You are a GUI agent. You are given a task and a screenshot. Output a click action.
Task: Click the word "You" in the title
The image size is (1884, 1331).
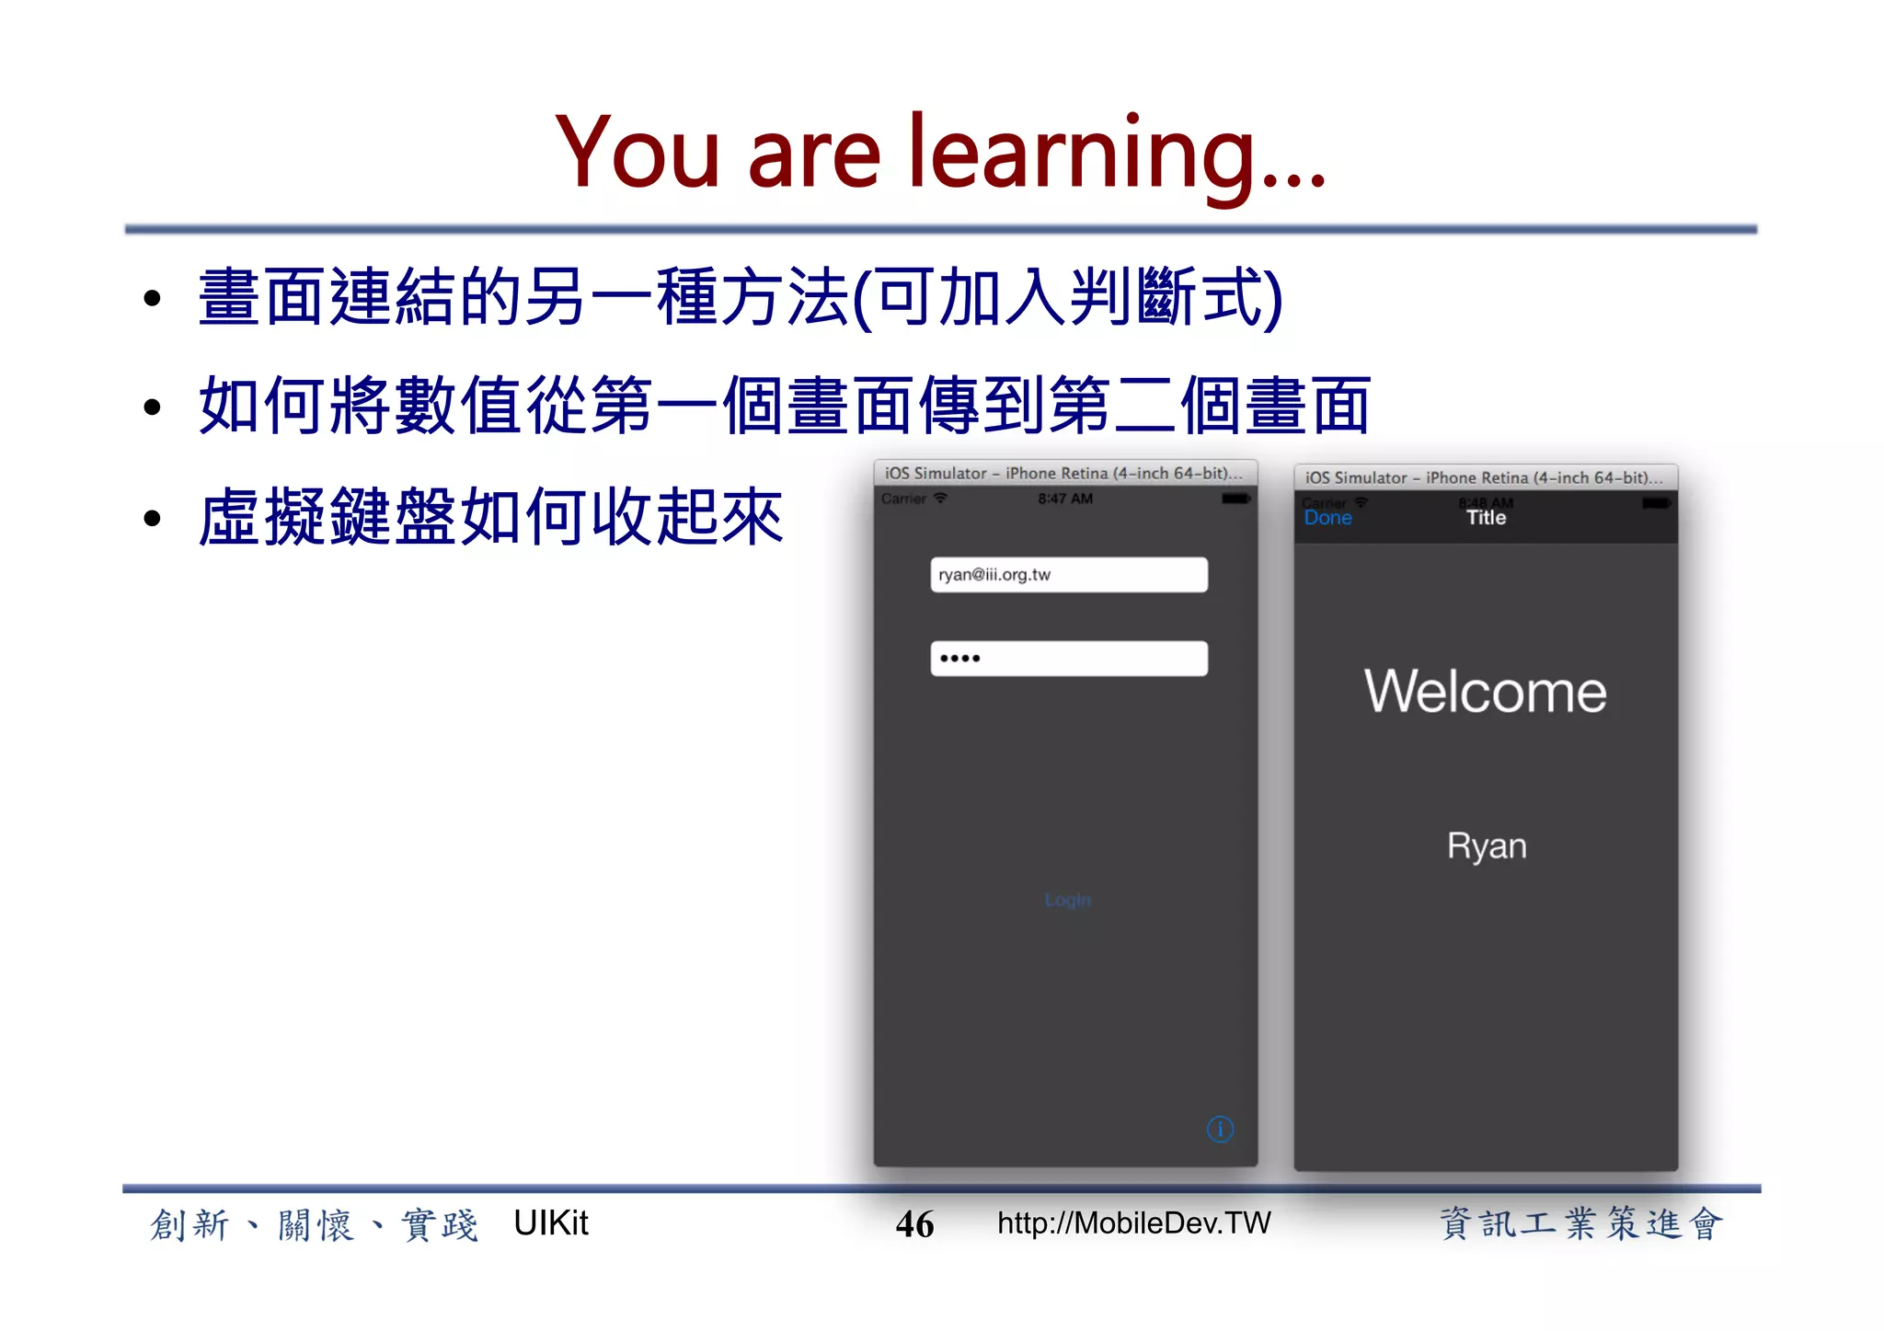tap(638, 154)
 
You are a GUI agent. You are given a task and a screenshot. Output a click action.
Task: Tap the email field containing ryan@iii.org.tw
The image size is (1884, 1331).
tap(1068, 575)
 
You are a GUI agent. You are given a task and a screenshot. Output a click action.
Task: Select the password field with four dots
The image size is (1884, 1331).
tap(1068, 659)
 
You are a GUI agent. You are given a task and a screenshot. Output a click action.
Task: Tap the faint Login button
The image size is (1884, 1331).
tap(1067, 900)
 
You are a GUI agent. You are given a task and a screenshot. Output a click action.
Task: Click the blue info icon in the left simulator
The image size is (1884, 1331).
tap(1220, 1129)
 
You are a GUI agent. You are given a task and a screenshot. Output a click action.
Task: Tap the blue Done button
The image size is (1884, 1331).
tap(1327, 518)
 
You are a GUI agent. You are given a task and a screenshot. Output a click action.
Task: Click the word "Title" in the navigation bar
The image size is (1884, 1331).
tap(1486, 518)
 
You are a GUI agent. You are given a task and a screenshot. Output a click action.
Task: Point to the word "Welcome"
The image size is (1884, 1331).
tap(1485, 692)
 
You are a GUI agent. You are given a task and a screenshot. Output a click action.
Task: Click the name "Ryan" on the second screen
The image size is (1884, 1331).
tap(1486, 846)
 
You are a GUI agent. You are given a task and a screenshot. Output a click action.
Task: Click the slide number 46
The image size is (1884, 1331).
tap(914, 1224)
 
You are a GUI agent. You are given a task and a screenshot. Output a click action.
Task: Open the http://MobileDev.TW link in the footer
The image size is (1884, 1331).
tap(1133, 1223)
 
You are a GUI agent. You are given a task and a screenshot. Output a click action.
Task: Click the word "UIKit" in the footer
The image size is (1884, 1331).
tap(550, 1223)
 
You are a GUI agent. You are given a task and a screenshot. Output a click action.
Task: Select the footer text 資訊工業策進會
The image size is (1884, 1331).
tap(1580, 1224)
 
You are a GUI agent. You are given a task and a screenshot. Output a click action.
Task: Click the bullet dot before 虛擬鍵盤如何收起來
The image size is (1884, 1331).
tap(153, 519)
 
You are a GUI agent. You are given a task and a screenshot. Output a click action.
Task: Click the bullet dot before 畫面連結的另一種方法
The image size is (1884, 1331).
tap(153, 298)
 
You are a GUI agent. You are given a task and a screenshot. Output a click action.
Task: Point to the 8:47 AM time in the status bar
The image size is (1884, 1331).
tap(1065, 499)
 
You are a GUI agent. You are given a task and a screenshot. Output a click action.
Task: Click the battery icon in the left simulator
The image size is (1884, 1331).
tap(1235, 499)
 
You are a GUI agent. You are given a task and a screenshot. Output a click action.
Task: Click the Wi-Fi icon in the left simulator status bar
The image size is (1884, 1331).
tap(940, 499)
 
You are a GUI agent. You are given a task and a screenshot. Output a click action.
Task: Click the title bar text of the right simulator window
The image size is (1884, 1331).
tap(1483, 477)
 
